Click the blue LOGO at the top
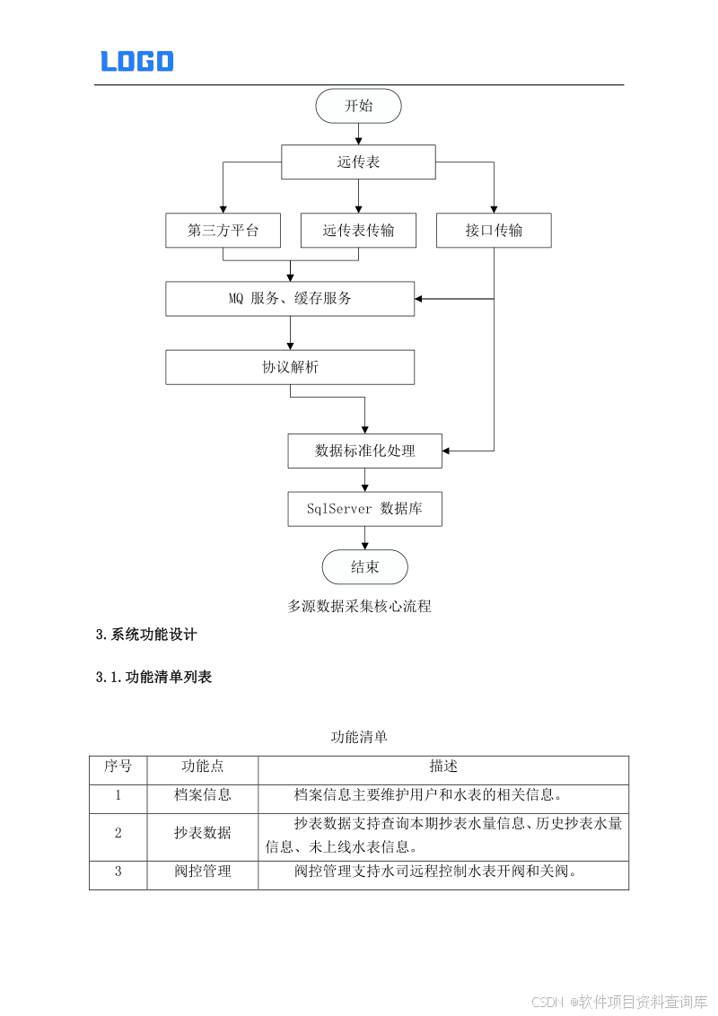pyautogui.click(x=136, y=61)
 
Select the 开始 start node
pyautogui.click(x=358, y=106)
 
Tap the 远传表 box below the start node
pyautogui.click(x=358, y=162)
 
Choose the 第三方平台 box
pyautogui.click(x=223, y=231)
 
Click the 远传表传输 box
pyautogui.click(x=358, y=231)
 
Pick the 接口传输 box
pyautogui.click(x=494, y=231)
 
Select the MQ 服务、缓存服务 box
pyautogui.click(x=290, y=299)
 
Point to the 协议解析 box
pyautogui.click(x=290, y=367)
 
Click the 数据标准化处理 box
pyautogui.click(x=364, y=451)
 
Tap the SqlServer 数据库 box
pyautogui.click(x=364, y=509)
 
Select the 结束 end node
pyautogui.click(x=364, y=567)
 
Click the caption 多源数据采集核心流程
pyautogui.click(x=359, y=607)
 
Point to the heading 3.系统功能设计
pyautogui.click(x=146, y=635)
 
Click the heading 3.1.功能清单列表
pyautogui.click(x=154, y=678)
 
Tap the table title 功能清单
pyautogui.click(x=359, y=737)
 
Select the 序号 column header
pyautogui.click(x=118, y=766)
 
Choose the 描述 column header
pyautogui.click(x=443, y=766)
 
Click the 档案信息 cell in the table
pyautogui.click(x=203, y=794)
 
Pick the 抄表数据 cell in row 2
pyautogui.click(x=203, y=833)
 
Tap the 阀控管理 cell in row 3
pyautogui.click(x=203, y=871)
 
